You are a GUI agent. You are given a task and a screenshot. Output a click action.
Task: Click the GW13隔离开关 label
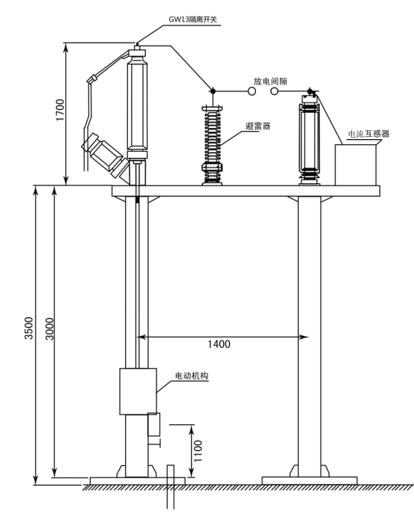[192, 19]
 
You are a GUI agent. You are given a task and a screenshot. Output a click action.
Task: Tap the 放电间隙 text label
[270, 82]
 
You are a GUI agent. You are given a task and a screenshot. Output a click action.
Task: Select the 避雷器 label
[258, 126]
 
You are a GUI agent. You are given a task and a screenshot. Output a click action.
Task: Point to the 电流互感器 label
[368, 134]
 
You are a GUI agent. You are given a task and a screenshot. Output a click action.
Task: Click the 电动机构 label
[192, 376]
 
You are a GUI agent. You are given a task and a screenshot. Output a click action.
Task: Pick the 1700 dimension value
[60, 110]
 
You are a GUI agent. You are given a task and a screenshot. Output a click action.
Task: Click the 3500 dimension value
[29, 328]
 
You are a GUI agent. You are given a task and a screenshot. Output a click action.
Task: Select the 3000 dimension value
[49, 328]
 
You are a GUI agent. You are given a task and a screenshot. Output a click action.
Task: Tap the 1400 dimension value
[219, 344]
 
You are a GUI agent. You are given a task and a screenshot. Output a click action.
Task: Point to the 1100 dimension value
[198, 451]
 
